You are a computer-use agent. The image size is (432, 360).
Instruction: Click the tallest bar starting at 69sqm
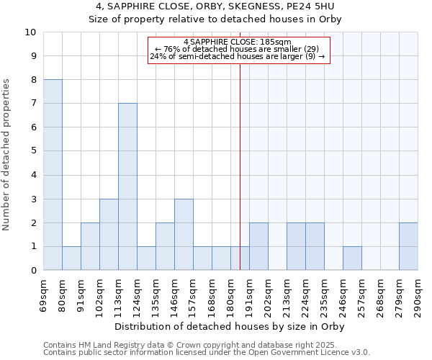[x=53, y=175]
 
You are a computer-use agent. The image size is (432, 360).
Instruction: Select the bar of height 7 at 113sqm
[x=127, y=186]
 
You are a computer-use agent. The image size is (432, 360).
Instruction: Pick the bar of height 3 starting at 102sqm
[x=109, y=235]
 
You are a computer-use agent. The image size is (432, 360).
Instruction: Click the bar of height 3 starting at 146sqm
[x=184, y=235]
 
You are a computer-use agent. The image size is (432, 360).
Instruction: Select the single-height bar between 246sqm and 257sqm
[x=352, y=258]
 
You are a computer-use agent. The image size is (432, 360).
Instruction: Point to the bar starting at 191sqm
[x=258, y=246]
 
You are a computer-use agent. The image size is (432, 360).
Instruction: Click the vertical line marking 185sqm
[x=240, y=166]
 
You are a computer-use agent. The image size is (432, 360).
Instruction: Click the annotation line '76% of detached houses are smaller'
[x=238, y=49]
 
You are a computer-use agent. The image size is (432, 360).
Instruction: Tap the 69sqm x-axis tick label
[x=44, y=293]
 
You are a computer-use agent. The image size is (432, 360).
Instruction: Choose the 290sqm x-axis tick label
[x=418, y=293]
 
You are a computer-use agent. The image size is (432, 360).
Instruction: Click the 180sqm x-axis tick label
[x=231, y=293]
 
